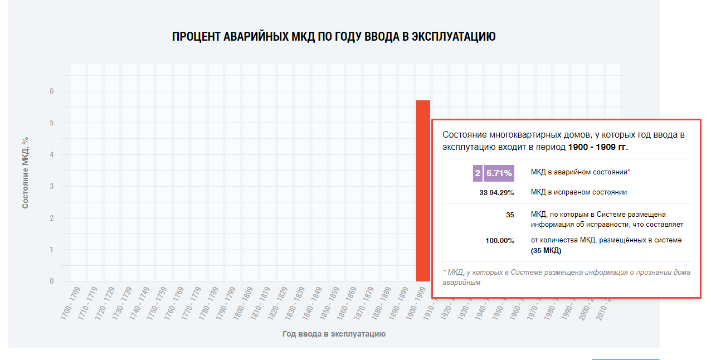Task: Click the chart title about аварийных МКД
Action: click(334, 37)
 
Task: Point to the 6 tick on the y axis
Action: click(51, 91)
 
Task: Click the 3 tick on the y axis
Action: click(51, 186)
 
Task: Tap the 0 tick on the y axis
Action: click(51, 281)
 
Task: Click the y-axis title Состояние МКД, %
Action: click(25, 173)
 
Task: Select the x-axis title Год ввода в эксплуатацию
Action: click(334, 334)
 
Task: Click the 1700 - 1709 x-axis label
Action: click(71, 304)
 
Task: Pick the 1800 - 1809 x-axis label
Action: click(243, 304)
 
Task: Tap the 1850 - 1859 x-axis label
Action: click(329, 304)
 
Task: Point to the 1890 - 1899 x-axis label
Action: click(398, 304)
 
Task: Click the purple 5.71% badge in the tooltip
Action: click(499, 173)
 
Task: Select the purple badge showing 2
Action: click(478, 173)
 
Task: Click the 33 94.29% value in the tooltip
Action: click(496, 193)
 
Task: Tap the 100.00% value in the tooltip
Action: click(500, 241)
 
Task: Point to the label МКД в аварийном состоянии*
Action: click(580, 172)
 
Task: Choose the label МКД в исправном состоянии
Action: click(578, 192)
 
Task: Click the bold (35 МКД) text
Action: click(546, 251)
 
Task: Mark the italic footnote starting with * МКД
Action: click(566, 277)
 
